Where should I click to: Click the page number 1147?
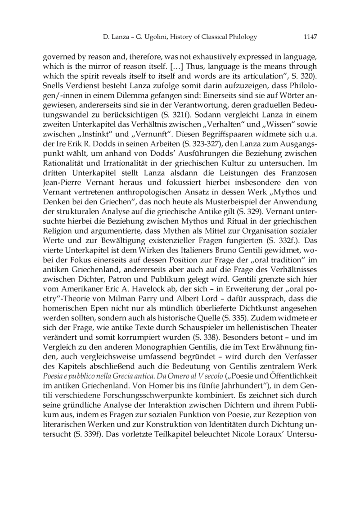(x=310, y=37)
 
